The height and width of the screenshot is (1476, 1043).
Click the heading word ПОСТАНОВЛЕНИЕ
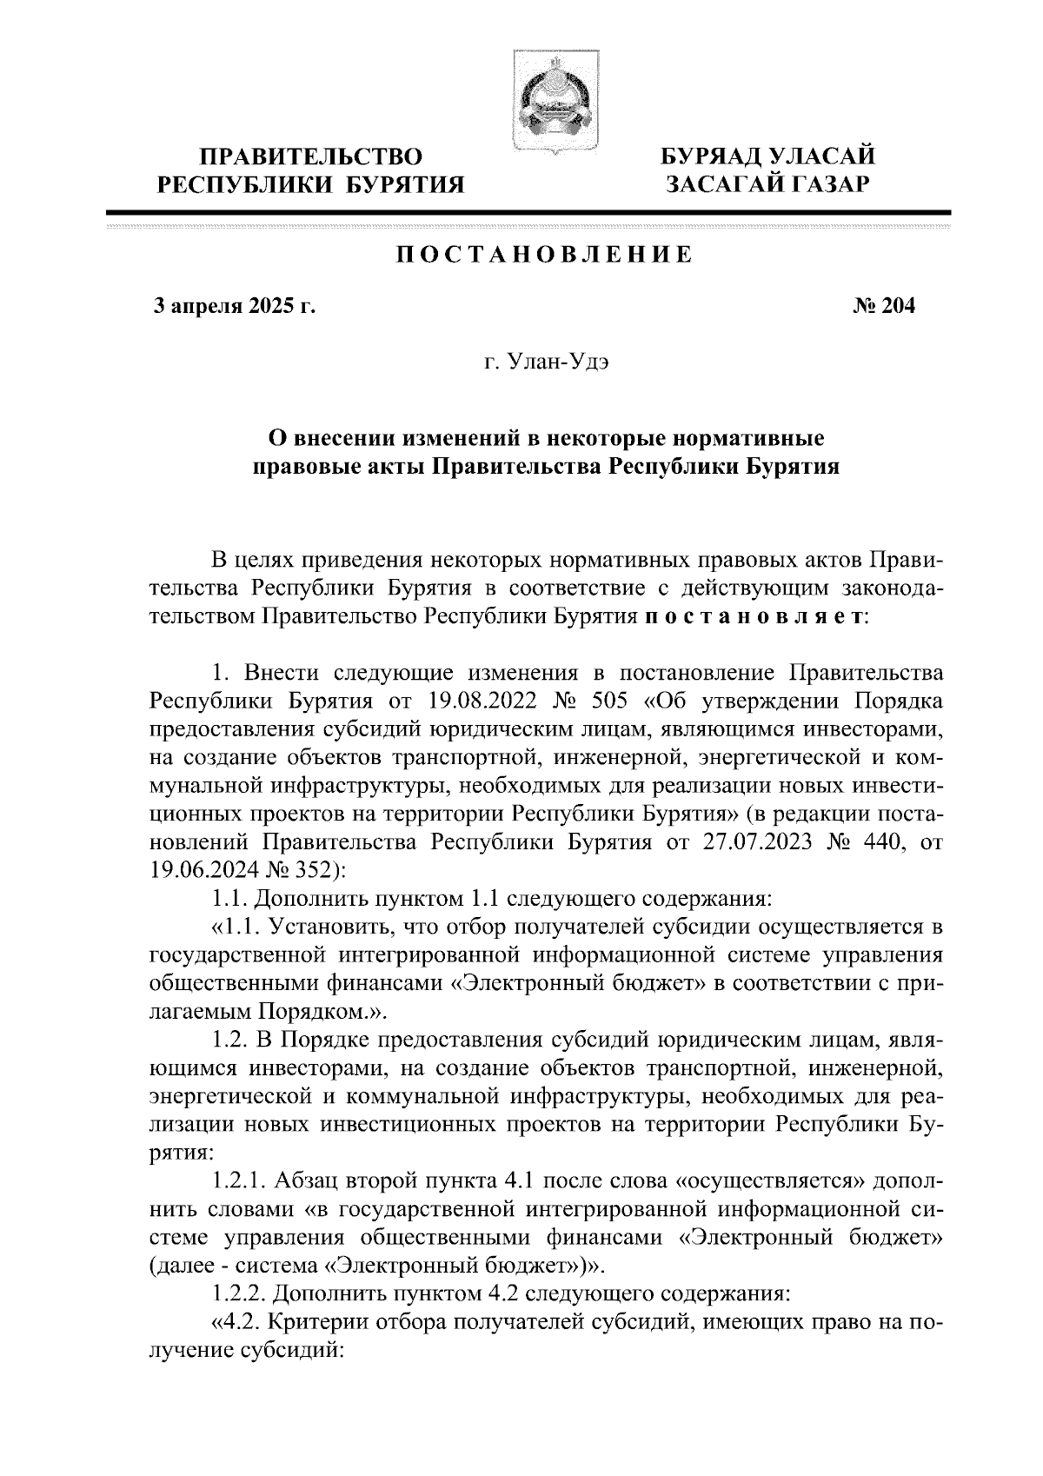coord(545,256)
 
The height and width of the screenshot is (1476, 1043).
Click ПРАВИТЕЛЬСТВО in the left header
coord(312,157)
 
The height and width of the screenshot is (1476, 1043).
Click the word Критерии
coord(319,1321)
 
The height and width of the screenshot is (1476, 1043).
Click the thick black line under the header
coord(528,213)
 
